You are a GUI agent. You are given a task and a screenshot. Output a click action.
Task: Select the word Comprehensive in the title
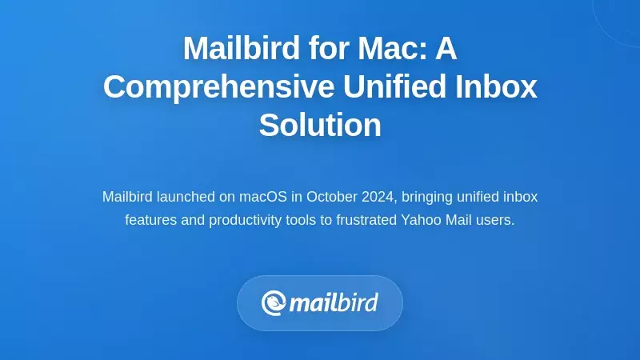(203, 87)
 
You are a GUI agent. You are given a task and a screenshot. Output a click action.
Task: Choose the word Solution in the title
(320, 126)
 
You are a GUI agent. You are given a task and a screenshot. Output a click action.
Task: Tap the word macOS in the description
(264, 197)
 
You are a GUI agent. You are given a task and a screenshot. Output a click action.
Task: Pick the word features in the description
(153, 219)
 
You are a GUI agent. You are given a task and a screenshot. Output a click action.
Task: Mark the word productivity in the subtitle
(250, 219)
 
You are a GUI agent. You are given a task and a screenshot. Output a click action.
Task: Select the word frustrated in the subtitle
(365, 219)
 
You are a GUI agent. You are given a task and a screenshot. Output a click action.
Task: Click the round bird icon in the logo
(274, 302)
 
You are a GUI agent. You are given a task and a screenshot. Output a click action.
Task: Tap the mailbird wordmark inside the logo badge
(333, 303)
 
